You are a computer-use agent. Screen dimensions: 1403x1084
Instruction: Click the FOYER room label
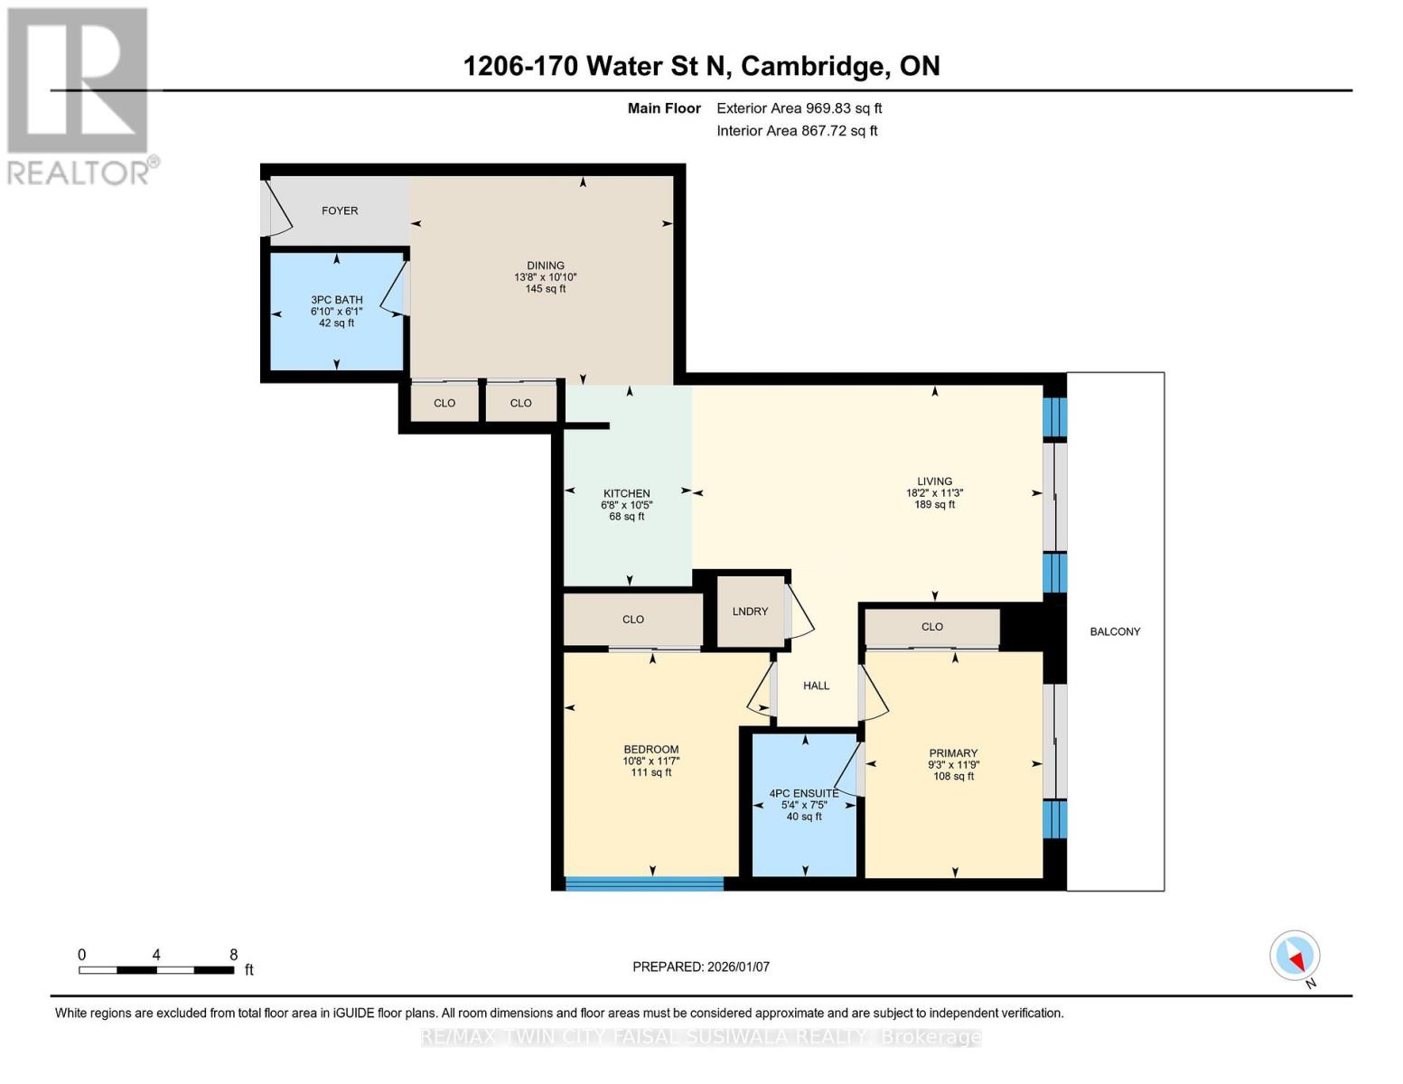click(340, 210)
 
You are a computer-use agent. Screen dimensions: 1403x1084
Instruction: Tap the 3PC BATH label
click(336, 300)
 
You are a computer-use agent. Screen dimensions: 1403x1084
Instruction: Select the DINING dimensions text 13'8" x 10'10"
click(545, 277)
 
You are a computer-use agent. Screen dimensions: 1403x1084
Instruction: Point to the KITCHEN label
click(626, 493)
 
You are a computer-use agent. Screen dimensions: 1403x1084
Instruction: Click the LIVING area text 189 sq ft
click(934, 504)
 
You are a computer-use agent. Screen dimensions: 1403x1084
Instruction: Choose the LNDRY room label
click(750, 611)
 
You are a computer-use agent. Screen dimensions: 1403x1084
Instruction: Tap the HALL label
click(816, 686)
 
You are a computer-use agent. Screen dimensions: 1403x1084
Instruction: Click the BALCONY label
click(1115, 631)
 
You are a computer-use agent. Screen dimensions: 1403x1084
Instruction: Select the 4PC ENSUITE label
click(804, 793)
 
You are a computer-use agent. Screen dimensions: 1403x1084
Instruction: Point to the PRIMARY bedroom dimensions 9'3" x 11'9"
click(954, 764)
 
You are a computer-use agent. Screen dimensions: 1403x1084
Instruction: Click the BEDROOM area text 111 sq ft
click(650, 772)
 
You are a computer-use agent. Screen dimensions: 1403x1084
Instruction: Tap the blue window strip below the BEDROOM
click(644, 883)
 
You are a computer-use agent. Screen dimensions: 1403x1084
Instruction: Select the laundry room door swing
click(800, 612)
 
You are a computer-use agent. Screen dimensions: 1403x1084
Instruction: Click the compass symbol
click(1295, 956)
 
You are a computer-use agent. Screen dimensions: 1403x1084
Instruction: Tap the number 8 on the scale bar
click(234, 954)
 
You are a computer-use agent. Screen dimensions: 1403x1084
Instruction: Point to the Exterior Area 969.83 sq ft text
click(800, 108)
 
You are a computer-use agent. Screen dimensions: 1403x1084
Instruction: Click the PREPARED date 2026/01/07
click(738, 967)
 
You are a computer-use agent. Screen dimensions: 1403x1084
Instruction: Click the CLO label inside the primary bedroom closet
click(931, 626)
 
